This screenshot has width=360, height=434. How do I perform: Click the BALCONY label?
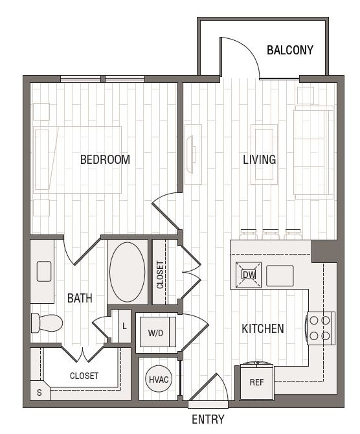(290, 50)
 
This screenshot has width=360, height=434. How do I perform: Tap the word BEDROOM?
(105, 160)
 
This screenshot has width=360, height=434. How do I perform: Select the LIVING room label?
(259, 160)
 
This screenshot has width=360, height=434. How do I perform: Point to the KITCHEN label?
(263, 329)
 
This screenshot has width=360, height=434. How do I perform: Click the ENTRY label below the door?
(208, 419)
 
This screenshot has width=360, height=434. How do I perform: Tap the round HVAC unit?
(159, 379)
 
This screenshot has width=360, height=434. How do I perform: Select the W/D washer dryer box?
(158, 332)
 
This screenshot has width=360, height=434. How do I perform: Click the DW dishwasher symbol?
(249, 275)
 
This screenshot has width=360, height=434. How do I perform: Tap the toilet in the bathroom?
(47, 323)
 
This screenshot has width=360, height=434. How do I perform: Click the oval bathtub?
(128, 272)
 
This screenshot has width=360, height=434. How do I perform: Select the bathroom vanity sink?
(44, 271)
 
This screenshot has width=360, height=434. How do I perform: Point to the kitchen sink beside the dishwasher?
(280, 276)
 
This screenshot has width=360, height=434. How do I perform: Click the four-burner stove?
(320, 328)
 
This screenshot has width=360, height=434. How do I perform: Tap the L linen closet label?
(124, 326)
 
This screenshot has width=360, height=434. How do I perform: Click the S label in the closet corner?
(39, 393)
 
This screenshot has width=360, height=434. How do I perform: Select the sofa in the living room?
(313, 152)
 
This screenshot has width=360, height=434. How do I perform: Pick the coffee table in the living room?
(264, 155)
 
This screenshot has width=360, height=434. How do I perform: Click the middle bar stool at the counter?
(271, 234)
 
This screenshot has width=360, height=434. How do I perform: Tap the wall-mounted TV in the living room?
(190, 154)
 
